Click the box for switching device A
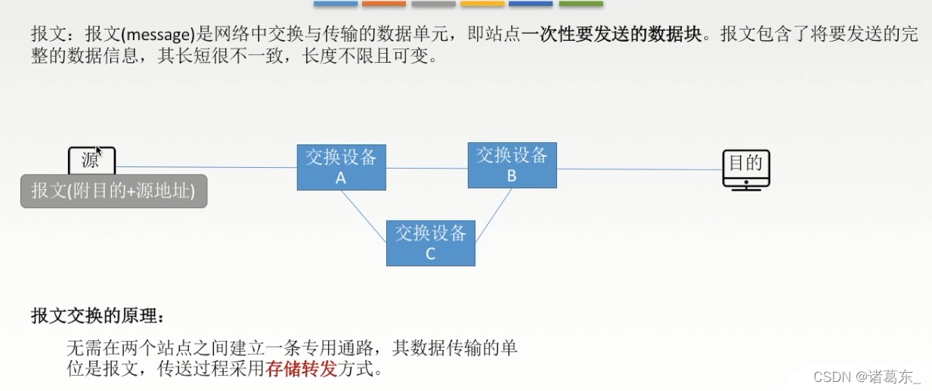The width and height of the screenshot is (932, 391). pyautogui.click(x=341, y=167)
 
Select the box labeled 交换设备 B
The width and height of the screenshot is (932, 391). pyautogui.click(x=512, y=165)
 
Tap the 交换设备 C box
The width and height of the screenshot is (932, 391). pyautogui.click(x=430, y=243)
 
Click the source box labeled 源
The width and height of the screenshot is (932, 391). pyautogui.click(x=91, y=160)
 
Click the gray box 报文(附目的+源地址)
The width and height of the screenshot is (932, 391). pyautogui.click(x=113, y=191)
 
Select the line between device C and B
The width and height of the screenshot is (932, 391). pyautogui.click(x=494, y=215)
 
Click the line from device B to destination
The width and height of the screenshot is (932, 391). pyautogui.click(x=639, y=169)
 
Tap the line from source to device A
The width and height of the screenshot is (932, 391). pyautogui.click(x=206, y=167)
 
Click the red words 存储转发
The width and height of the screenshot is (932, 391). pyautogui.click(x=300, y=370)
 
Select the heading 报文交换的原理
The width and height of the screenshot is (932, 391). pyautogui.click(x=97, y=315)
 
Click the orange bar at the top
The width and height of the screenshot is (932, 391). pyautogui.click(x=384, y=4)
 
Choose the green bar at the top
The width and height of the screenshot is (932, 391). pyautogui.click(x=581, y=4)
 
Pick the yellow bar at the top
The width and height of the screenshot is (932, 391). pyautogui.click(x=482, y=4)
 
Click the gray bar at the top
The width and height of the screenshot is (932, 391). pyautogui.click(x=433, y=4)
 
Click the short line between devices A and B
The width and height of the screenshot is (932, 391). pyautogui.click(x=427, y=168)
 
